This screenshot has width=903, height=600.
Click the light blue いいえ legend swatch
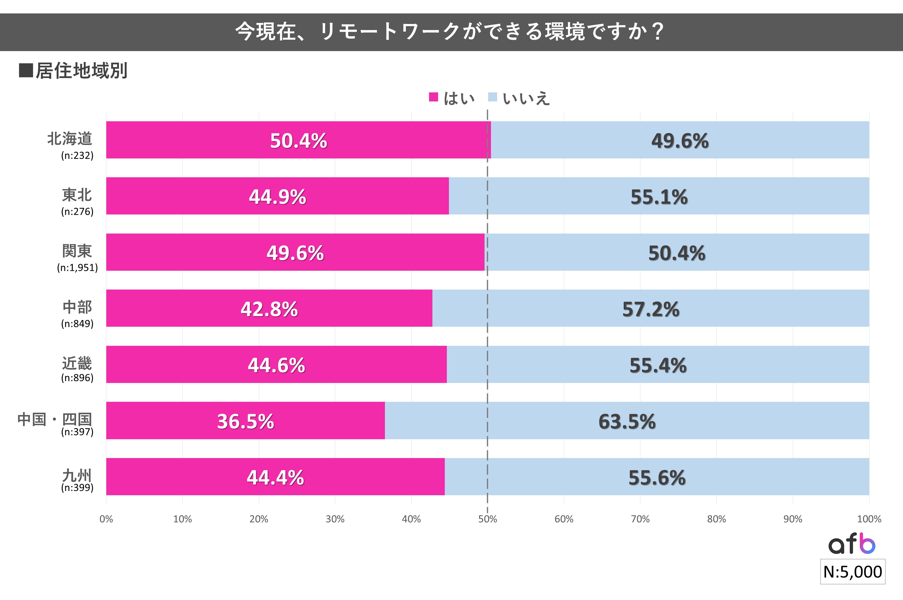492,97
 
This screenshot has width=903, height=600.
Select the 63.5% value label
627,421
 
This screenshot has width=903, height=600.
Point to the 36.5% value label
246,421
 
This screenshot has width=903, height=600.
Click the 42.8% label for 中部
269,309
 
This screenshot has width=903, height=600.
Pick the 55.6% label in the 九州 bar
657,478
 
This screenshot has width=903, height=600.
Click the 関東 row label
77,251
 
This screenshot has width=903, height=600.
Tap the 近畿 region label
77,363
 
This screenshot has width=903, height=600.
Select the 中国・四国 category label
55,419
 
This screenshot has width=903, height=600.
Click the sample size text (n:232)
77,155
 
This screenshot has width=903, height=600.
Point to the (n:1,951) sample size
77,267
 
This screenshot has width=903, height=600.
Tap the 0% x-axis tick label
106,519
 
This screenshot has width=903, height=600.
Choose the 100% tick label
869,519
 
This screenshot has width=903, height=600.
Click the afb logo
851,544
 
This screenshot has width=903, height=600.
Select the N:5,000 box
852,572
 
